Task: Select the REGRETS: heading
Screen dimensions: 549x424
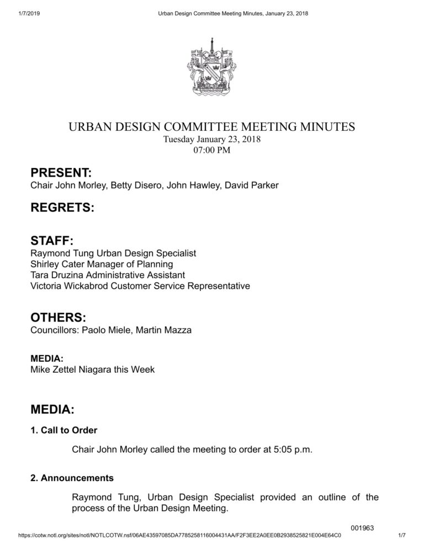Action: (62, 208)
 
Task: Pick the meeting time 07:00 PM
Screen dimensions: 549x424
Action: (212, 150)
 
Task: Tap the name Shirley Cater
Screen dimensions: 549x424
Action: (57, 264)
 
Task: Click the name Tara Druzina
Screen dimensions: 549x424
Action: (57, 275)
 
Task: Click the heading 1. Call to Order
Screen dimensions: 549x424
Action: (64, 429)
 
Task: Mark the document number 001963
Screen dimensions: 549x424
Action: (363, 528)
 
